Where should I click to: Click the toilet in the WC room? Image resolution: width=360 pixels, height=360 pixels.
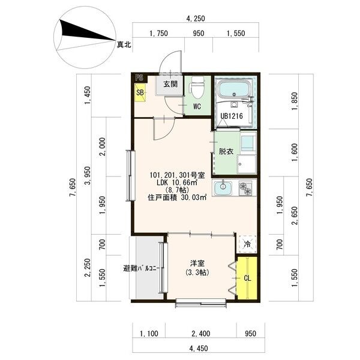click(x=196, y=87)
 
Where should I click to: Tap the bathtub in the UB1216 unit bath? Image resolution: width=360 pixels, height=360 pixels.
click(x=234, y=90)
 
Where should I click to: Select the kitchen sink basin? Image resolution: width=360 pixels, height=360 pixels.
click(x=223, y=188)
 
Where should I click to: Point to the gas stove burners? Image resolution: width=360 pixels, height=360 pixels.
click(x=245, y=188)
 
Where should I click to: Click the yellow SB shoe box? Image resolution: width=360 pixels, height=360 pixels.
click(x=140, y=92)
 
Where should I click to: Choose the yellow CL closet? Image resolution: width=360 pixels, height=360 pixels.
click(x=247, y=278)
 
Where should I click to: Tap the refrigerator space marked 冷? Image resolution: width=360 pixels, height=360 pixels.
click(x=247, y=244)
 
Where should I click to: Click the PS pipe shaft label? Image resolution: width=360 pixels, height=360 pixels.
click(x=139, y=77)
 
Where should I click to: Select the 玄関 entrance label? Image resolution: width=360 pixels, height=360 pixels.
click(x=170, y=84)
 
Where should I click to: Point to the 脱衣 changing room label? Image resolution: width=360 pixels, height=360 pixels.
click(x=226, y=152)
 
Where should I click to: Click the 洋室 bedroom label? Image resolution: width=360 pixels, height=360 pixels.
click(x=197, y=263)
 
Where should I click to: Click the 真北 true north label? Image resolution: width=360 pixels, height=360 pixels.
click(x=124, y=44)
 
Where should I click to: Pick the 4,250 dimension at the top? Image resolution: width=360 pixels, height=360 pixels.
click(x=196, y=19)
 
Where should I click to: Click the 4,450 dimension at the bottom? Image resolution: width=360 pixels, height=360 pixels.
click(x=199, y=348)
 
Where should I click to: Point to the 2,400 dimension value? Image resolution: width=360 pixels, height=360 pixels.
click(x=201, y=334)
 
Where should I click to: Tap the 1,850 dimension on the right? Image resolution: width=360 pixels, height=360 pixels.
click(x=295, y=101)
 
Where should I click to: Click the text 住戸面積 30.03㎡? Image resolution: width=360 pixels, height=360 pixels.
click(x=177, y=197)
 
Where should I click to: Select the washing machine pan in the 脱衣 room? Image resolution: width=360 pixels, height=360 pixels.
click(x=247, y=164)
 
